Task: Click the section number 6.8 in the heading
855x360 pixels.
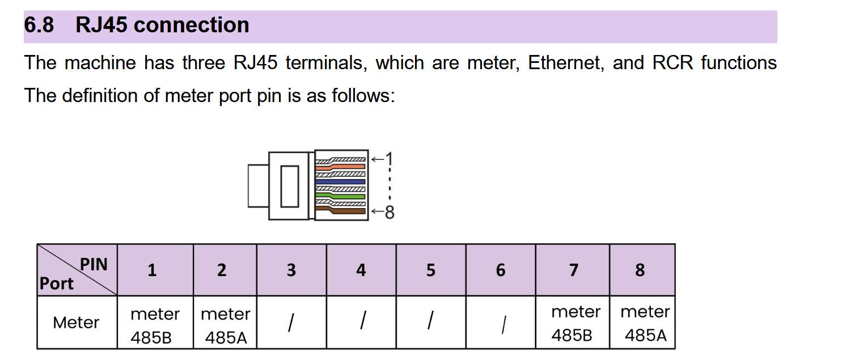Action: pos(39,26)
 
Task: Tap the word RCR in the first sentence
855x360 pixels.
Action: pos(673,62)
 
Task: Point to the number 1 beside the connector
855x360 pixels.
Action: pos(389,159)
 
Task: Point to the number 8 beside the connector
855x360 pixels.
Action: pos(390,213)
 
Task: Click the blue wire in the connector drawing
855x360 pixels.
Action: pos(340,181)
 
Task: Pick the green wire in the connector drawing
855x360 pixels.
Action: pos(340,196)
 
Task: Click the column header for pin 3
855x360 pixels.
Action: pos(291,270)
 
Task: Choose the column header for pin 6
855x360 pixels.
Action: pos(500,270)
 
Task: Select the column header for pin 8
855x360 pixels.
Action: pos(640,270)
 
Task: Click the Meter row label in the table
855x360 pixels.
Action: pos(76,323)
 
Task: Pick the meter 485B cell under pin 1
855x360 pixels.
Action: pos(154,325)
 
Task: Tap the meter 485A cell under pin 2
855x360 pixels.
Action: pos(225,325)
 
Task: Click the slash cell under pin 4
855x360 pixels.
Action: pos(361,322)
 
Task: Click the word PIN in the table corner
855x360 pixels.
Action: pos(94,264)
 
